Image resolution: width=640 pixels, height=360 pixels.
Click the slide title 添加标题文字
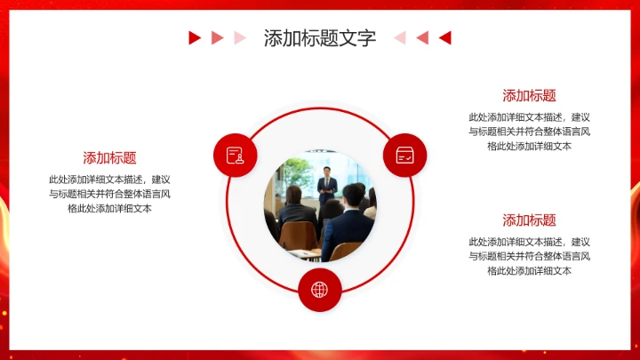point(319,38)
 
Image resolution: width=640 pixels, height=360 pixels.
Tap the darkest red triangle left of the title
point(194,37)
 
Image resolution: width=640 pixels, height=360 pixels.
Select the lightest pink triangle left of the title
point(239,37)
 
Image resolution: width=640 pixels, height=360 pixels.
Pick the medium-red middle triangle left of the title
point(217,37)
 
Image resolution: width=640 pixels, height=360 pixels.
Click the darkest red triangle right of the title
point(446,37)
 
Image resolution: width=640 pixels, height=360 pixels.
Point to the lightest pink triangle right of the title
point(400,37)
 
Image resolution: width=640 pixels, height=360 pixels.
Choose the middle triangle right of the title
point(423,37)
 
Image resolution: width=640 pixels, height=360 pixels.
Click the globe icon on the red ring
point(319,289)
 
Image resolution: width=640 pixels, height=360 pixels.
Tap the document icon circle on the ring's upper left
point(236,156)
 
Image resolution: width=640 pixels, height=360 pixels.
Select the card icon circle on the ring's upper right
point(404,156)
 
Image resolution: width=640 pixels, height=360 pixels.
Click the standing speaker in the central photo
point(328,183)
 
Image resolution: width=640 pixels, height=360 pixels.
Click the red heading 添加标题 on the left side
point(109,158)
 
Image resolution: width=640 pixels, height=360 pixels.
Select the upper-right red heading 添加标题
point(529,96)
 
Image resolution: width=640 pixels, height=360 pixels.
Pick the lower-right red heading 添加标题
point(529,220)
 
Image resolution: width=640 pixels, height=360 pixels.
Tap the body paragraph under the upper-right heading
point(529,132)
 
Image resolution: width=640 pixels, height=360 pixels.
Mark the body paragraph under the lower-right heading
point(529,256)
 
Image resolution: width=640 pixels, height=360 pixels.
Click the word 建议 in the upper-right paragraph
point(580,117)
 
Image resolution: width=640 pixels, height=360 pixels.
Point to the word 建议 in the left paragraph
point(161,179)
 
